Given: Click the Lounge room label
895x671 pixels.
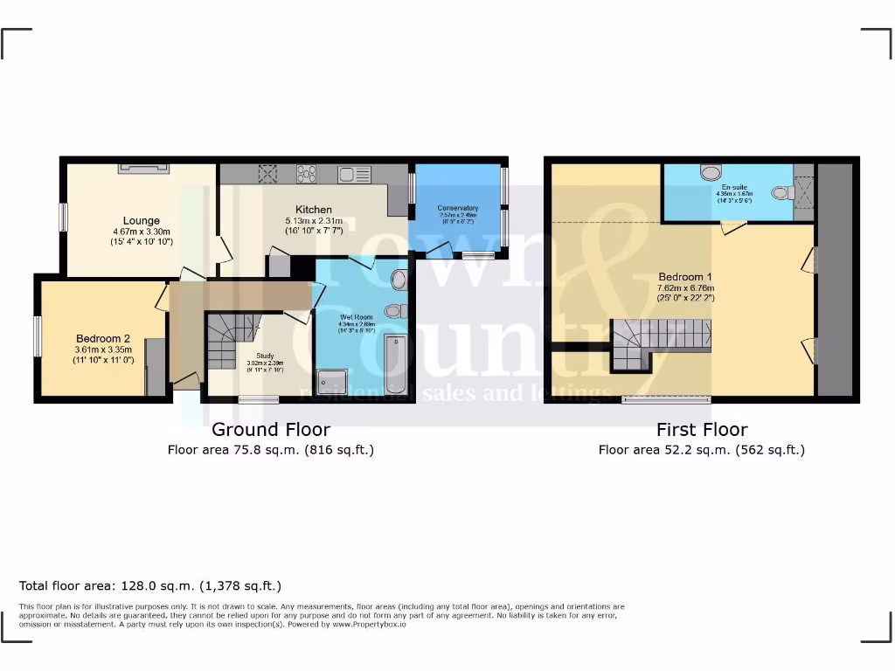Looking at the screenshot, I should point(141,221).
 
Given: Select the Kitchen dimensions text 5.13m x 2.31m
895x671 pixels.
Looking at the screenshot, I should point(314,221).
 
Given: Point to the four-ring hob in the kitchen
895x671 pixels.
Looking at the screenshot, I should point(307,173).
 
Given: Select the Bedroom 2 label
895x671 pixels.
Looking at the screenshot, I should point(102,339).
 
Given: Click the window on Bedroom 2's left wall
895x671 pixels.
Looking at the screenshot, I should point(38,336).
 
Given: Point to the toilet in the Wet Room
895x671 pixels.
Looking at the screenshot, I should point(395,310).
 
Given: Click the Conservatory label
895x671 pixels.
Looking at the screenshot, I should point(458,208).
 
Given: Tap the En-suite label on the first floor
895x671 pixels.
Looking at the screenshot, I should point(733,187).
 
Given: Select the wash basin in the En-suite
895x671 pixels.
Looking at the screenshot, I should point(780,192).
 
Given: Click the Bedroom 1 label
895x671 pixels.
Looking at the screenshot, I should point(684,277).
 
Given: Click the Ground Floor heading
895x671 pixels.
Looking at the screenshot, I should point(271,429).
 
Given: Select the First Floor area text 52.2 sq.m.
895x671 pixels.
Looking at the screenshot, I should point(701,450).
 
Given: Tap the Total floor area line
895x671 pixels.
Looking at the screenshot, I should point(150,585).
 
